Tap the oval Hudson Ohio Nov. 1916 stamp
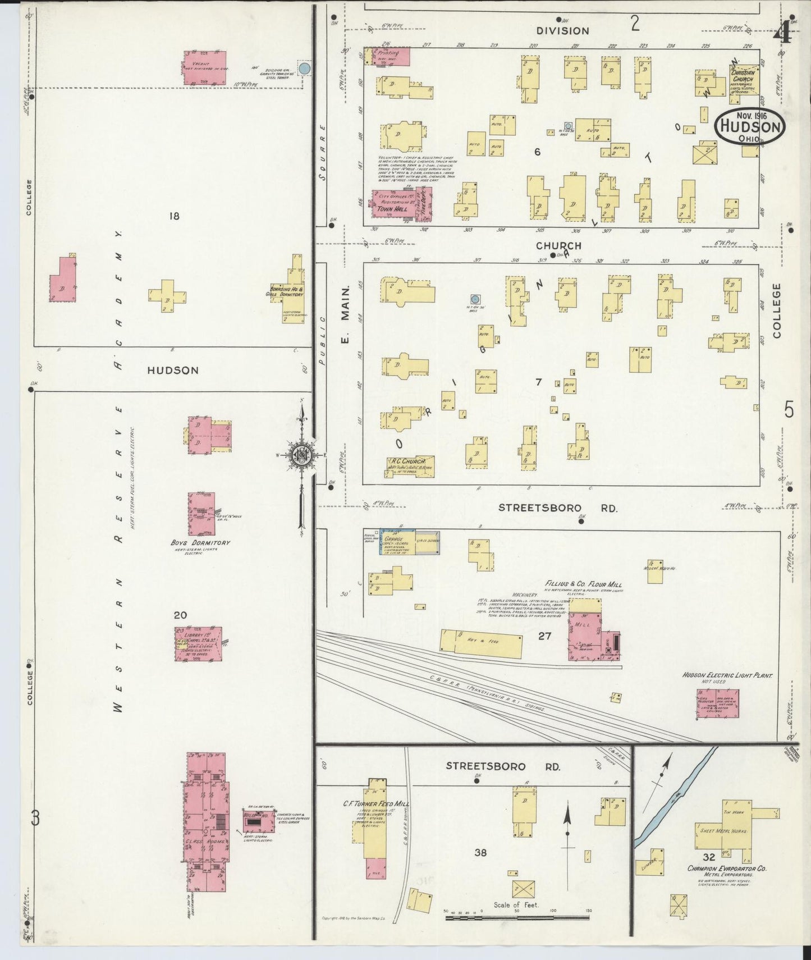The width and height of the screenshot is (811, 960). pos(750,127)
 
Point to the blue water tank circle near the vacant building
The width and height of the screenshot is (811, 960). pos(304,68)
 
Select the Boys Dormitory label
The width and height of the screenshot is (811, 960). pos(200,543)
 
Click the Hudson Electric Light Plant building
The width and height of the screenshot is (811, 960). pos(718,702)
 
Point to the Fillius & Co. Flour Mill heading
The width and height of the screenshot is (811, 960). pos(583,584)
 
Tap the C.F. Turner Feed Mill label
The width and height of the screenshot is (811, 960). pos(375,804)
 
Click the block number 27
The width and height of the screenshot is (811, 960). pos(544,636)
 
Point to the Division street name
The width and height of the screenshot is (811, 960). pos(562,31)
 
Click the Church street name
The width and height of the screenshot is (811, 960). pos(558,246)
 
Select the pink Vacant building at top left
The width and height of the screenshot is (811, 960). pos(205,68)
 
